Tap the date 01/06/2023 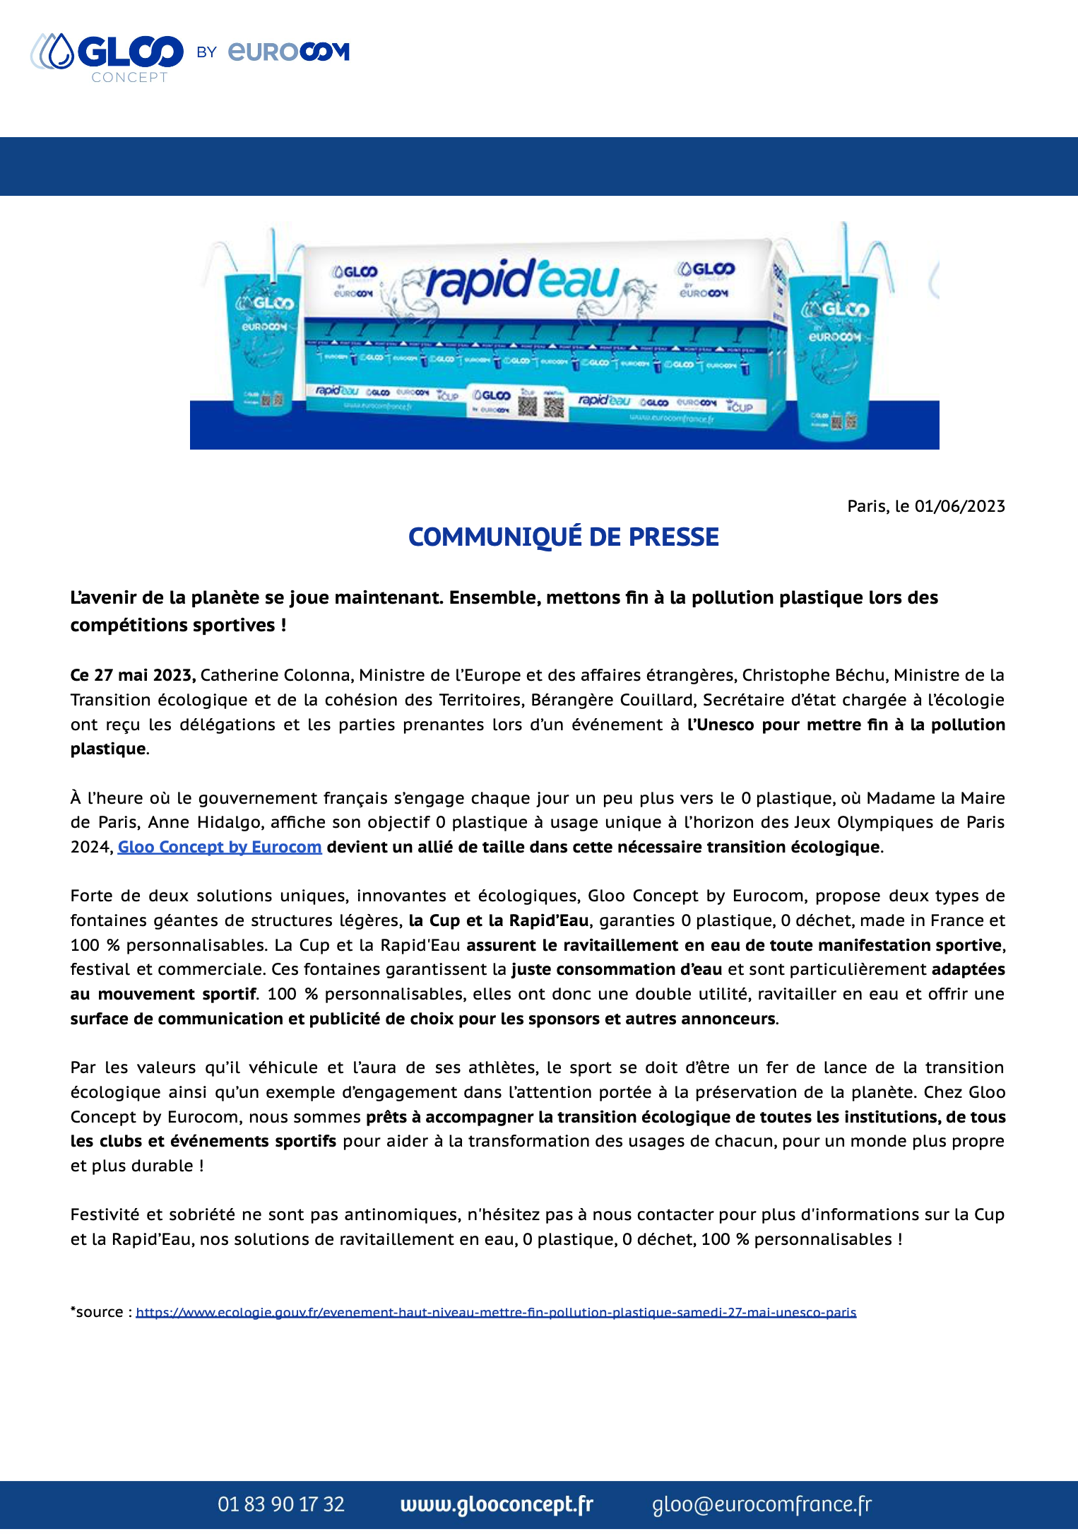(x=959, y=506)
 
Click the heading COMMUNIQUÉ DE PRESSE (x=563, y=537)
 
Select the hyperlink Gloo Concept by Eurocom (x=220, y=847)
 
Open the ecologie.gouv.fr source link (x=496, y=1313)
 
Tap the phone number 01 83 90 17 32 (x=281, y=1504)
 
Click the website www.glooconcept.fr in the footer (x=497, y=1504)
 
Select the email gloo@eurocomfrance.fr (x=762, y=1504)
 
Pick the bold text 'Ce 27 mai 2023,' (x=133, y=675)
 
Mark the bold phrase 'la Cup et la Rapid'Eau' (x=499, y=920)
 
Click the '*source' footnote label (x=98, y=1312)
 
